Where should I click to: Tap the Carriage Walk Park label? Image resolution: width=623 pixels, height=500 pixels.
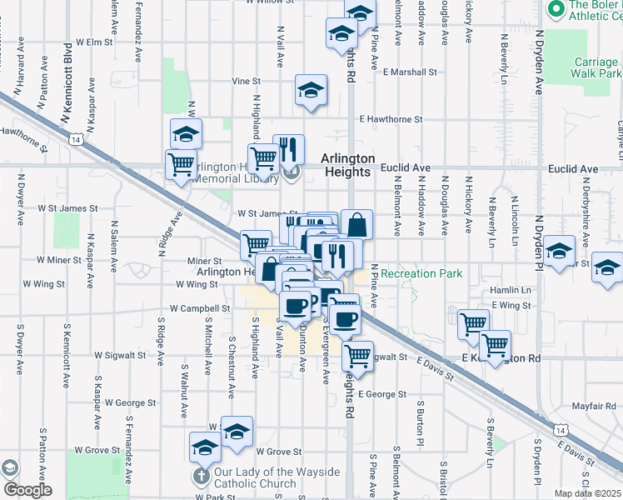(596, 67)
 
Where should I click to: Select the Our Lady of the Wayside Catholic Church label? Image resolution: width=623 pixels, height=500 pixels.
(277, 477)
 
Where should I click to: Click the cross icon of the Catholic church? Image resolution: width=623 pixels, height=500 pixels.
(201, 477)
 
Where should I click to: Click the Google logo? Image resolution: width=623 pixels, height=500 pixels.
(26, 490)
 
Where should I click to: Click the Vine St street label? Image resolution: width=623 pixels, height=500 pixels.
(247, 82)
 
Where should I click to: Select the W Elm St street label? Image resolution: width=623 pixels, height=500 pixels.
(93, 42)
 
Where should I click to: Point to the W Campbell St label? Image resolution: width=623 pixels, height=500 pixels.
(199, 308)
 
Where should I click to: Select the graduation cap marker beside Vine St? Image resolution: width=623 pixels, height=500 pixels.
(311, 92)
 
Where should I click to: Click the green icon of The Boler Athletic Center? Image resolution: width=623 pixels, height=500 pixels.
(556, 10)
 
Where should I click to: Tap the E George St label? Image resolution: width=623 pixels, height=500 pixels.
(382, 394)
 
